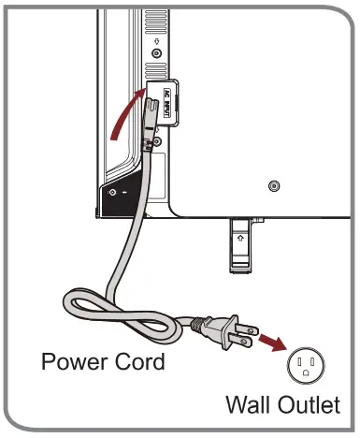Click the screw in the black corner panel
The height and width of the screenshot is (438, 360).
(114, 193)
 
